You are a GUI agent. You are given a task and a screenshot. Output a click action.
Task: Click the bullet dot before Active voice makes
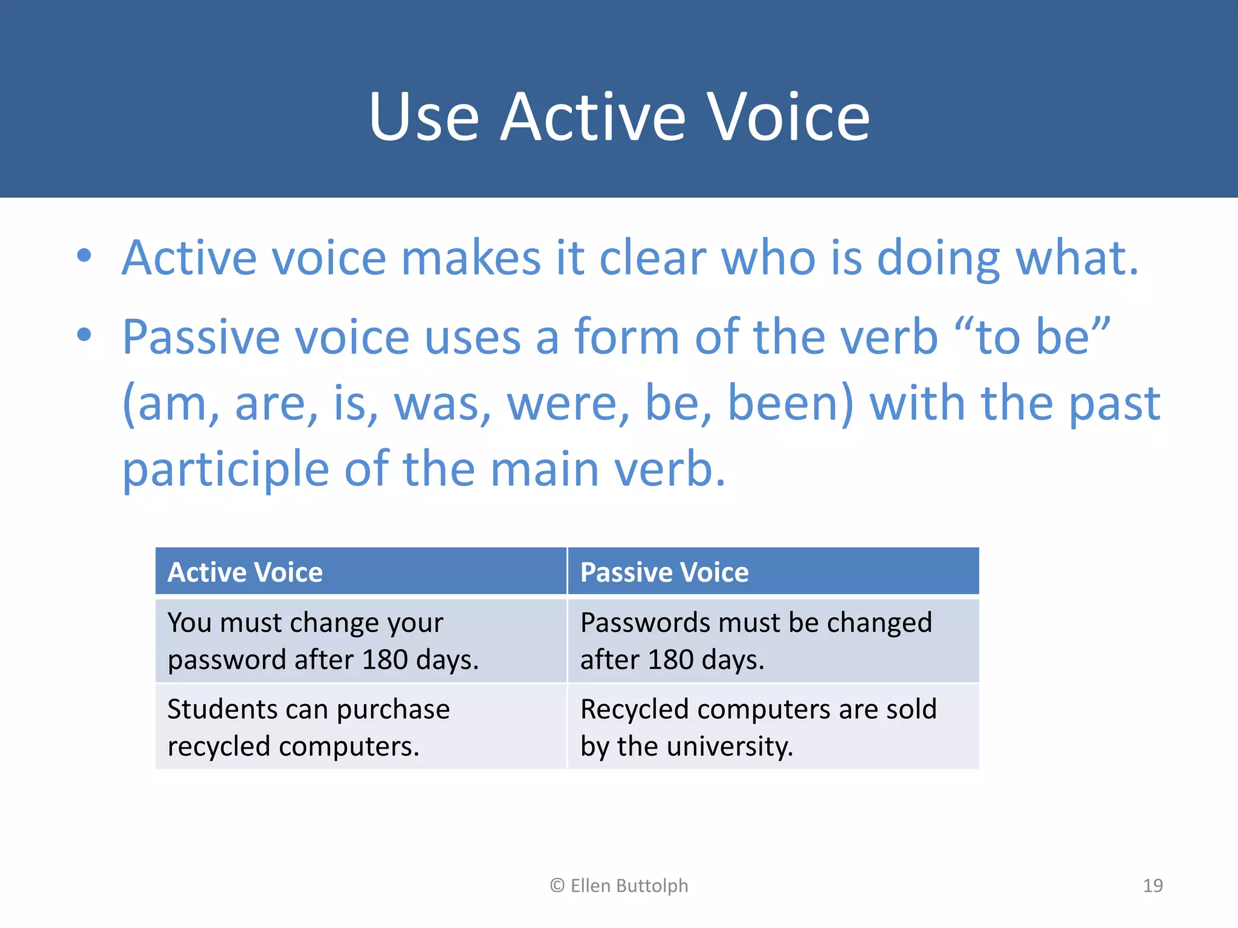pos(84,256)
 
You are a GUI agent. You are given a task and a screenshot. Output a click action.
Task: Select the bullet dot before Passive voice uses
pos(84,334)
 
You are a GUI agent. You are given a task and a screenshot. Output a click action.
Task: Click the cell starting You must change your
pos(361,640)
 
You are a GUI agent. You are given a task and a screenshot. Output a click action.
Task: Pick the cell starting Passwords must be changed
pos(773,640)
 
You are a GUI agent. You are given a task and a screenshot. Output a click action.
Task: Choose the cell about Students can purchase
pos(361,727)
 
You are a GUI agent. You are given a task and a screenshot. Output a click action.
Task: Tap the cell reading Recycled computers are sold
pos(773,727)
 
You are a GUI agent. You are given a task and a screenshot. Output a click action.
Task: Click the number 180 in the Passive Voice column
pos(670,660)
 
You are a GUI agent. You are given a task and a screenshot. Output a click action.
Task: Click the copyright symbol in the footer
pos(557,886)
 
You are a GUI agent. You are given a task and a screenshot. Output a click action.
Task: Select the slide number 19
pos(1152,886)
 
